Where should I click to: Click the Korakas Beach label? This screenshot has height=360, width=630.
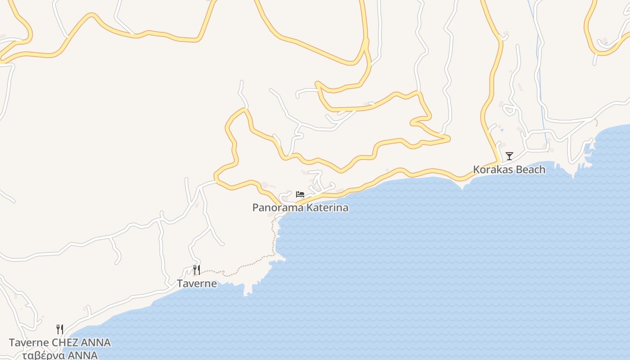(509, 170)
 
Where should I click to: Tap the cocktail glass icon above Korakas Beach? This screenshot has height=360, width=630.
(509, 156)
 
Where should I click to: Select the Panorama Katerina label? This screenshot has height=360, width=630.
(300, 207)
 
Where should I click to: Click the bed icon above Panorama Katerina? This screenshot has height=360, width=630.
(300, 194)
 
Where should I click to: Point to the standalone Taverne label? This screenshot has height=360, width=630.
(197, 283)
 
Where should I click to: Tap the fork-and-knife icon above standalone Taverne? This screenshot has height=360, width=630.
(197, 270)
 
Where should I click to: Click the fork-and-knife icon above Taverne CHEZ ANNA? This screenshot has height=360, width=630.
(59, 329)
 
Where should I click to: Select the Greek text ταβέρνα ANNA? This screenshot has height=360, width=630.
(59, 355)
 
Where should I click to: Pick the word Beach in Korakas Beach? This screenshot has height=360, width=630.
(530, 170)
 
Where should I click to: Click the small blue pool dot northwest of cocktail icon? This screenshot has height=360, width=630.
(502, 130)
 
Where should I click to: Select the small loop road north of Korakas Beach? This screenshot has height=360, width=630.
(509, 109)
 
